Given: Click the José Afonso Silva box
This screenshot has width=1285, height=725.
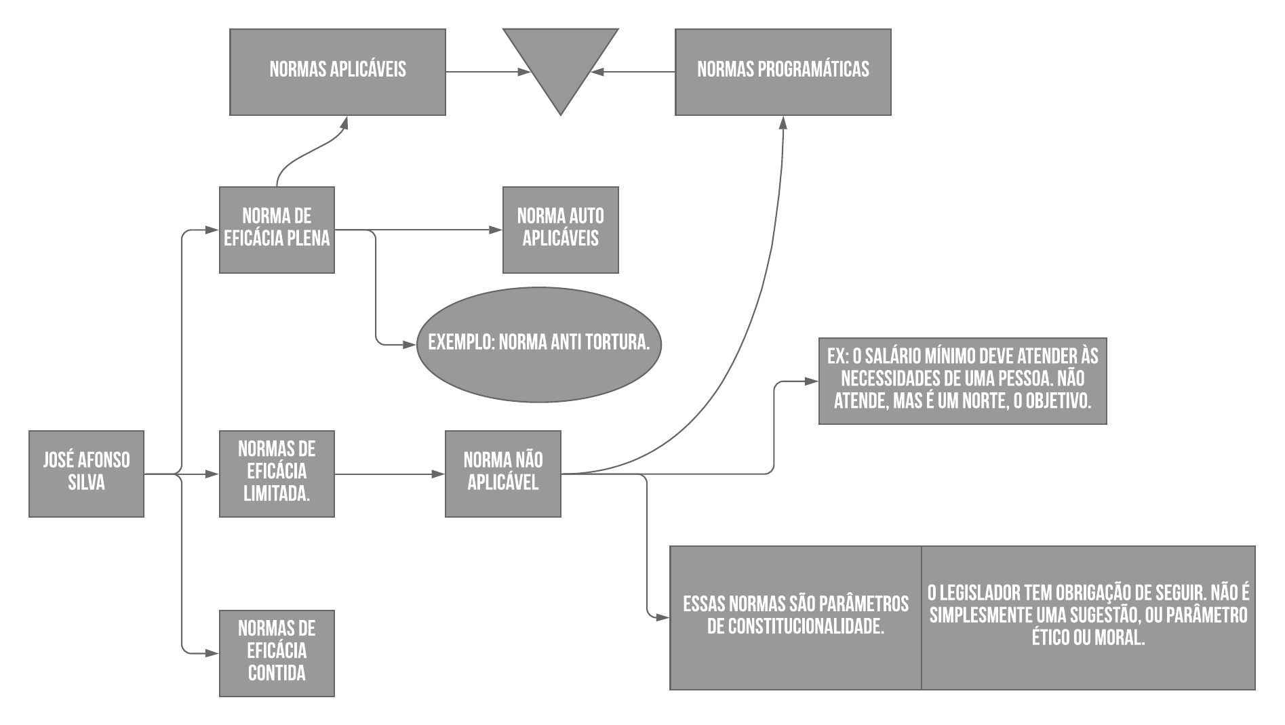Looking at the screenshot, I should (86, 474).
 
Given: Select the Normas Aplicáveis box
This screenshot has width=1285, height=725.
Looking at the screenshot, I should (338, 72).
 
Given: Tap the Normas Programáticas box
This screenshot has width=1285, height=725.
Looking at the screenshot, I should (783, 72).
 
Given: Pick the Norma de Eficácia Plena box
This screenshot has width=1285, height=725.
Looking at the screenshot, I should (277, 230).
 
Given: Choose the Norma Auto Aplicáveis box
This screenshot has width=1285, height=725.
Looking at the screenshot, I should (560, 230).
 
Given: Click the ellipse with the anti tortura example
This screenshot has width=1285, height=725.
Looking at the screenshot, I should (539, 344).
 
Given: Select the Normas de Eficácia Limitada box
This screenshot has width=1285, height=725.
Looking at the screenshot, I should (277, 474).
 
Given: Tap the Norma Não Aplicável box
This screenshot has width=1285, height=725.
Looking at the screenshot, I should (502, 474).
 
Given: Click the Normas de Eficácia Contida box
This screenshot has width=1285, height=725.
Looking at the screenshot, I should (277, 653).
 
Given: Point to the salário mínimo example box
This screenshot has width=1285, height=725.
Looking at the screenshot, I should (962, 381).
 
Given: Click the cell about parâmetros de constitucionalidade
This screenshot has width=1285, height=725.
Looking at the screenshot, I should (795, 617).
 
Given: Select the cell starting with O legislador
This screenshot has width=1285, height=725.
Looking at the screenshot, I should (1088, 617).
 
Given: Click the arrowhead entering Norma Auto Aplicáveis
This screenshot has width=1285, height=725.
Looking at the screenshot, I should (497, 230).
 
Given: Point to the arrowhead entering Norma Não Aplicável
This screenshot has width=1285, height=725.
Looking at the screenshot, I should (439, 474).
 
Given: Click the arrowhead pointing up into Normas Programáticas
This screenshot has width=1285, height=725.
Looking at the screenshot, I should (783, 121).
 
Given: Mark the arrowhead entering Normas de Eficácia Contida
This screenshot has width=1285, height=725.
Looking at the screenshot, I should (213, 654).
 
